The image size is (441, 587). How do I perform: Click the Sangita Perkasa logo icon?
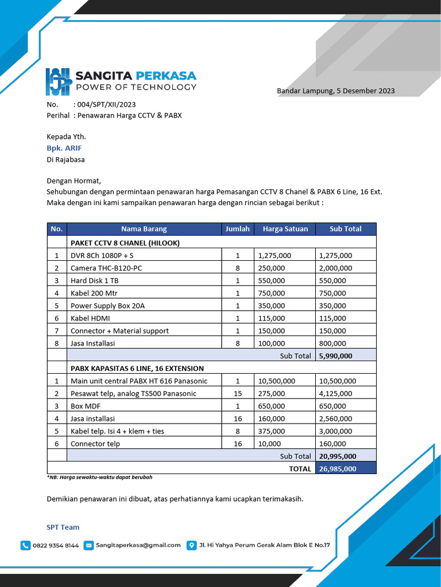pyautogui.click(x=57, y=82)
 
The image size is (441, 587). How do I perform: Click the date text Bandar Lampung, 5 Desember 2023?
pyautogui.click(x=335, y=91)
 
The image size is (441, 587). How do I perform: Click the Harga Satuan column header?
pyautogui.click(x=285, y=229)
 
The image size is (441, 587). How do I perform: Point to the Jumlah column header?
pyautogui.click(x=237, y=229)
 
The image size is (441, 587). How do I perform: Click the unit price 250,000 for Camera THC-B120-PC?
pyautogui.click(x=272, y=268)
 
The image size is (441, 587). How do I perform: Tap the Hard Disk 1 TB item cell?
pyautogui.click(x=94, y=281)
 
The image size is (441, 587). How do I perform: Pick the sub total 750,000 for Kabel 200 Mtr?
pyautogui.click(x=332, y=293)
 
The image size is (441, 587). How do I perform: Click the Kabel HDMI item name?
pyautogui.click(x=90, y=318)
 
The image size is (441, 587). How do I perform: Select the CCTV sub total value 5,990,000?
pyautogui.click(x=335, y=356)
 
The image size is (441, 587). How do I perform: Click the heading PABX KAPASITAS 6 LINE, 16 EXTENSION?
pyautogui.click(x=137, y=368)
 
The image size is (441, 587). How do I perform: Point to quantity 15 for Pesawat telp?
pyautogui.click(x=238, y=394)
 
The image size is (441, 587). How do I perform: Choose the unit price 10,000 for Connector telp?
pyautogui.click(x=270, y=444)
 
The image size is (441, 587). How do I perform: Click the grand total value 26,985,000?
pyautogui.click(x=337, y=469)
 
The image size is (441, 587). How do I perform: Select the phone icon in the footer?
pyautogui.click(x=25, y=545)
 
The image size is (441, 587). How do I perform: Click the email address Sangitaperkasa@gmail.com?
pyautogui.click(x=138, y=545)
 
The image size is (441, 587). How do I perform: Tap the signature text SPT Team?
pyautogui.click(x=63, y=527)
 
